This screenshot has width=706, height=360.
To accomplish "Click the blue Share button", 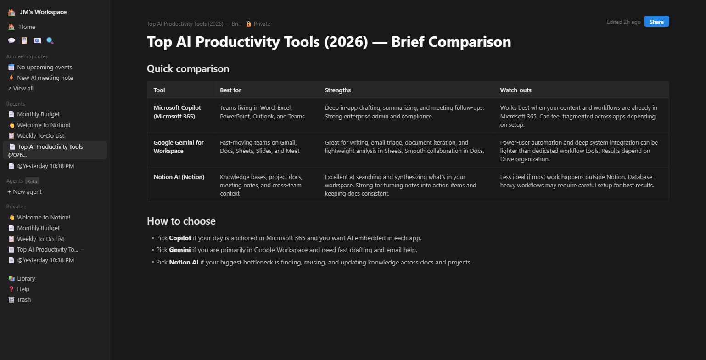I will click(656, 22).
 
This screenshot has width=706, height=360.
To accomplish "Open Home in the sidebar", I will click(27, 27).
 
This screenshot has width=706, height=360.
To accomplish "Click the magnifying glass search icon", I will click(50, 40).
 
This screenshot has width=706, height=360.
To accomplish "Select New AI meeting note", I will click(45, 78).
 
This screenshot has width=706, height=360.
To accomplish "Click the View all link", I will click(23, 89).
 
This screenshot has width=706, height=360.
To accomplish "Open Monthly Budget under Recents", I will click(38, 114).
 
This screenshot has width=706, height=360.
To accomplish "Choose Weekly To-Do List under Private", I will click(40, 239).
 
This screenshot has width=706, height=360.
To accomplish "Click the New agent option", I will click(27, 192).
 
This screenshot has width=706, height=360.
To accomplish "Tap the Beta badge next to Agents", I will click(32, 181).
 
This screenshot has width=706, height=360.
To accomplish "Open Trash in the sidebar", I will click(24, 300).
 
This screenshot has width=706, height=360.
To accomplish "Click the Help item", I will click(23, 289).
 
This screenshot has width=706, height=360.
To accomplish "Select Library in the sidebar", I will click(26, 279).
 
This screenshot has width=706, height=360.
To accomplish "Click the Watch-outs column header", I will click(515, 90).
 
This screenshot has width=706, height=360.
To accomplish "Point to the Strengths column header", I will click(337, 90).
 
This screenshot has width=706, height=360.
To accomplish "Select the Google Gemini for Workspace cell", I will click(179, 146).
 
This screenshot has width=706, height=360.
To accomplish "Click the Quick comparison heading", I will click(188, 69).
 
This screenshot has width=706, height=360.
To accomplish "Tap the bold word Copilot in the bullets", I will click(180, 238).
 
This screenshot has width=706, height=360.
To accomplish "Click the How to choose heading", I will click(181, 221).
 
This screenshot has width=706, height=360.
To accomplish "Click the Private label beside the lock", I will click(262, 24).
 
